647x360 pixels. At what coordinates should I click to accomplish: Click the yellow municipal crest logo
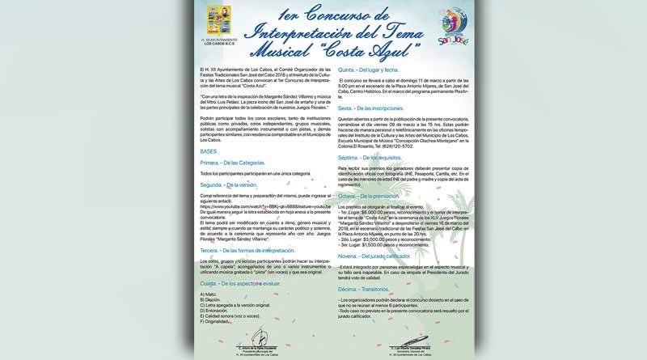[x=218, y=20]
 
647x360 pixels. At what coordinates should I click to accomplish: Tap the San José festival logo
[x=452, y=28]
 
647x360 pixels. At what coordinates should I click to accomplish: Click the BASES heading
[x=208, y=151]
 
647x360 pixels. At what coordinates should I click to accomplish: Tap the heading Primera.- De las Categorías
[x=232, y=163]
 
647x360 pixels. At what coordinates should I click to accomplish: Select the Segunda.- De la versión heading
[x=229, y=185]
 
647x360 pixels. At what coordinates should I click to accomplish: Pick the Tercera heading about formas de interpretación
[x=247, y=251]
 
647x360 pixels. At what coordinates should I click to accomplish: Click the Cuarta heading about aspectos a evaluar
[x=241, y=284]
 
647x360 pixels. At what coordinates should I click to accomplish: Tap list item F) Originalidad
[x=216, y=321]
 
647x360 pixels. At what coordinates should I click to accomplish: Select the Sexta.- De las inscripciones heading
[x=370, y=108]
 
